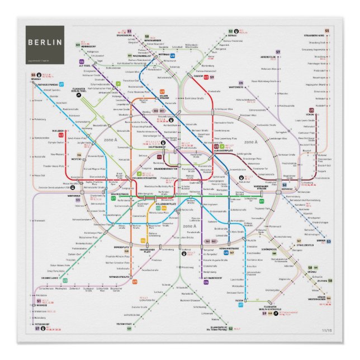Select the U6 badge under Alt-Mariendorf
[206, 282]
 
